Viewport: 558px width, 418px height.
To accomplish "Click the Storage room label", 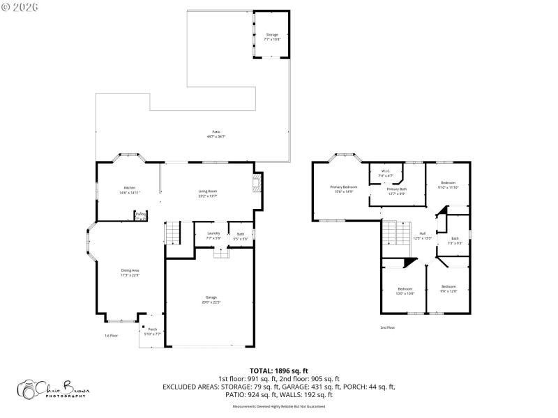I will point(272,36).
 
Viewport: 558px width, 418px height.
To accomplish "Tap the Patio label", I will point(216,134).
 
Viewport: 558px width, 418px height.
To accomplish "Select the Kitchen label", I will point(130,189).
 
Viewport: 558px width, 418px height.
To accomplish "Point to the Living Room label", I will point(208,193).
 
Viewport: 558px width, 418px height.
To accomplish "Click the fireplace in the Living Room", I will point(257,184).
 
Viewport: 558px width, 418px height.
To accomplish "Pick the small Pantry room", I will point(141,216).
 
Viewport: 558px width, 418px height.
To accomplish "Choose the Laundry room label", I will point(213,235).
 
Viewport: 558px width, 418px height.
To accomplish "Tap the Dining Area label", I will point(131,272).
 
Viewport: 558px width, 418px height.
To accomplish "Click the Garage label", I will point(211,300).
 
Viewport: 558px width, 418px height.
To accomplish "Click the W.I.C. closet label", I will point(386,173).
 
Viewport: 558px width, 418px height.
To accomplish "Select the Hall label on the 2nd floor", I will point(422,235).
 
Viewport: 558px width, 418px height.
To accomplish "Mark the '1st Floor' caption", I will point(110,336).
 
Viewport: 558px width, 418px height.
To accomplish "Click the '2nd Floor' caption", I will point(387,327).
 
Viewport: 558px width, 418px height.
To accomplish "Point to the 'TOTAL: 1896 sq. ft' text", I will point(279,371).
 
